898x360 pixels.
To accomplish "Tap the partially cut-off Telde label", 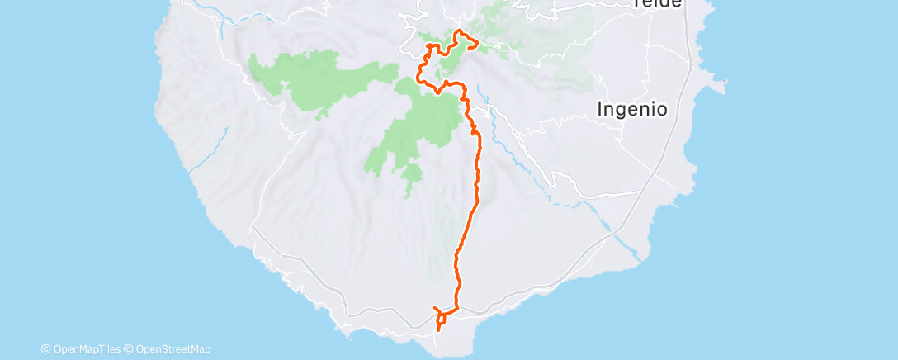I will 657,3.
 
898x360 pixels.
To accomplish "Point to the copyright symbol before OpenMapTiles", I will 45,349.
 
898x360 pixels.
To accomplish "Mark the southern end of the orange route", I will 437,330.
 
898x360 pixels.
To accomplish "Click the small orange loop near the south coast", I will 443,316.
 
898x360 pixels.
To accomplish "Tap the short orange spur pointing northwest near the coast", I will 436,309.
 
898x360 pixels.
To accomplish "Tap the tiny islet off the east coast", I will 724,81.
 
